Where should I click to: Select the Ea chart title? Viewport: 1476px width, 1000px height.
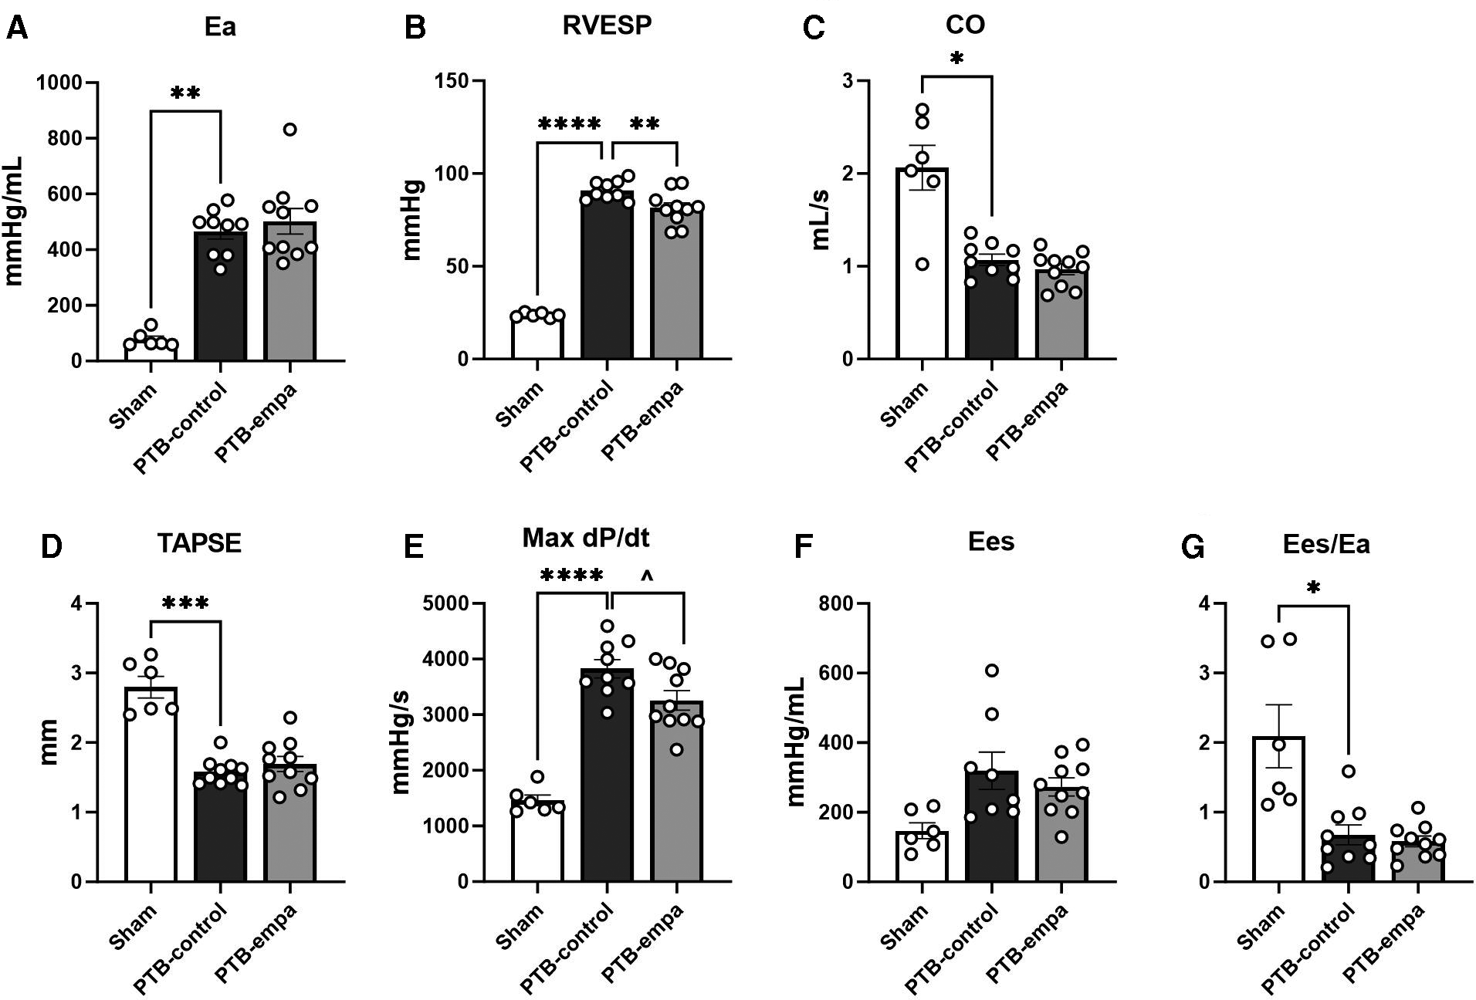coord(219,27)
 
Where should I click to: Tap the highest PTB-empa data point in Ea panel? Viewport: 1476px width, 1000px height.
coord(289,129)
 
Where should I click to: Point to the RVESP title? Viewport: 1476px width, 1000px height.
coord(606,25)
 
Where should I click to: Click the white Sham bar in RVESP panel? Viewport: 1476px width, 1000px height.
coord(537,340)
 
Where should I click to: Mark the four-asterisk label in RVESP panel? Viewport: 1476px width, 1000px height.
coord(569,123)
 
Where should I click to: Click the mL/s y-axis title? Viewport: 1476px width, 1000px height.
coord(820,220)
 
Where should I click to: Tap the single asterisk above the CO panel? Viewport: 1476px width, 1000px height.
coord(956,59)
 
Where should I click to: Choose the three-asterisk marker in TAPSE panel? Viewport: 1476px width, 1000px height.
coord(185,603)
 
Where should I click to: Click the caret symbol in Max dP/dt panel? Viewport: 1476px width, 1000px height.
coord(647,576)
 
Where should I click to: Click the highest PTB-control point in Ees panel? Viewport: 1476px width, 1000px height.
coord(991,670)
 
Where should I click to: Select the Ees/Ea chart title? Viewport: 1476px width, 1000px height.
coord(1325,544)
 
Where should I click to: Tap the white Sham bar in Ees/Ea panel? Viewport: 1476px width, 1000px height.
coord(1278,818)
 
